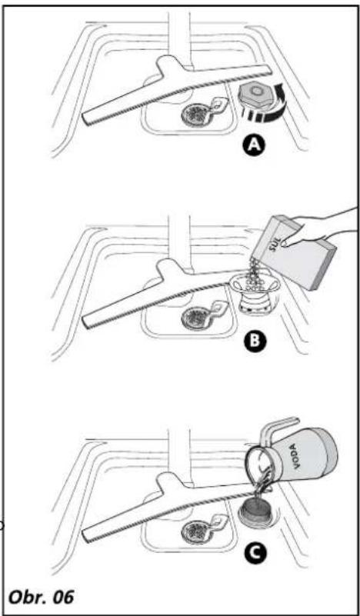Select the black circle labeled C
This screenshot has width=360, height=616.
254,553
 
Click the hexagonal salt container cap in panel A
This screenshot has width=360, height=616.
256,95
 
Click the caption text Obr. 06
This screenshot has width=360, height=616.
42,598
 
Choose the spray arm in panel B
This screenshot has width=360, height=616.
165,295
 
